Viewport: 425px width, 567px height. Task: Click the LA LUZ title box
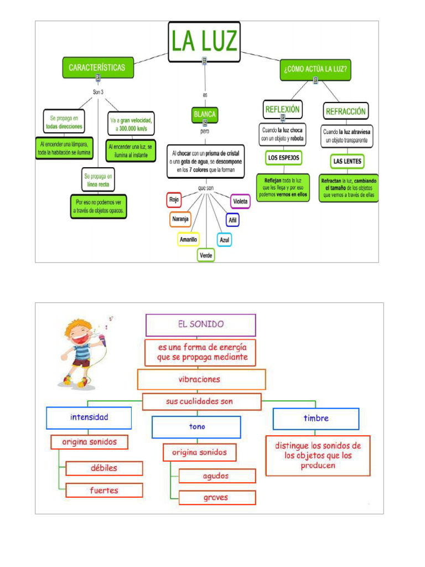[204, 42]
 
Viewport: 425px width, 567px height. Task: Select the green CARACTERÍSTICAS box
[97, 68]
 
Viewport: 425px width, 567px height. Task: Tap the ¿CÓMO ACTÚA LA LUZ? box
[315, 70]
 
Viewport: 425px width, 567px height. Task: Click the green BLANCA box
[204, 115]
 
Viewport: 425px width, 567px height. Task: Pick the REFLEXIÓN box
[282, 110]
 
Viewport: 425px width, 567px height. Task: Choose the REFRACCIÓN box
[346, 111]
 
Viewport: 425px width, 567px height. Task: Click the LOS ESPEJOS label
[284, 158]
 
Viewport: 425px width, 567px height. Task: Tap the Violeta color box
[240, 201]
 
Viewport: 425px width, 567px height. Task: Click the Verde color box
[206, 255]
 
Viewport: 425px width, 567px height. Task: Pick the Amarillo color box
[188, 240]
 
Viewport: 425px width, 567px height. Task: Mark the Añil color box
[233, 220]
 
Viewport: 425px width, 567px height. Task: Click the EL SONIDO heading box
[200, 325]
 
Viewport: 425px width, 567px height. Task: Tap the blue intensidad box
[89, 417]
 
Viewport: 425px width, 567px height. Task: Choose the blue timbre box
[316, 419]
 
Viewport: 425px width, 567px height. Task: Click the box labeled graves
[217, 497]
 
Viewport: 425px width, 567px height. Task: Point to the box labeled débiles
[104, 468]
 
